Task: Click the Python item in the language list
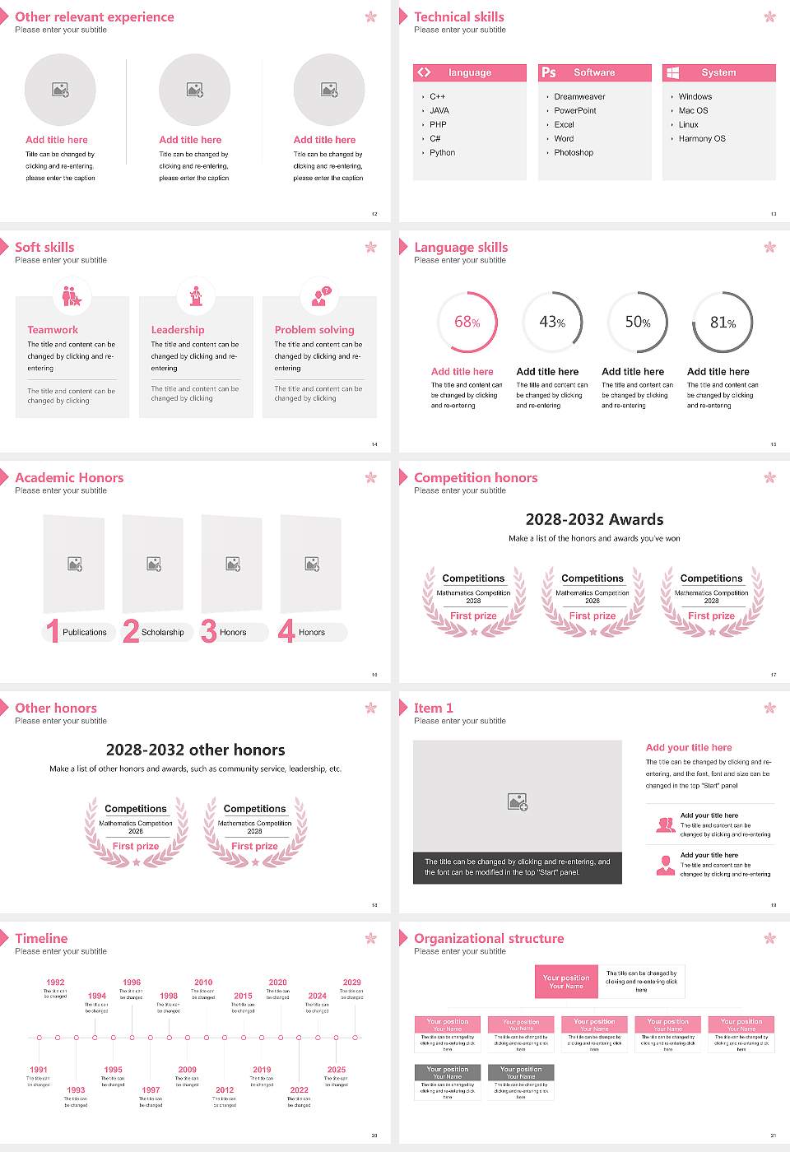click(442, 152)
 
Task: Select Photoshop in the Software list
click(574, 152)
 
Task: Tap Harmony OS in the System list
click(702, 138)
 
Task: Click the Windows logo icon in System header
click(673, 72)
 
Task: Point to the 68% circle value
click(467, 322)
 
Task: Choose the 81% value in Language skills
click(723, 323)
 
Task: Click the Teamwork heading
click(53, 329)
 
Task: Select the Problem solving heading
click(314, 329)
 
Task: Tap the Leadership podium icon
click(196, 295)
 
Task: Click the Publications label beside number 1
click(85, 632)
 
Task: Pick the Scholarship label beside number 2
click(162, 632)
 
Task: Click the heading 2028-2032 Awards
click(594, 519)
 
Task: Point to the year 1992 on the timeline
click(55, 982)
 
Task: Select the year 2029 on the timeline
click(352, 982)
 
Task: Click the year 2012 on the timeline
click(225, 1089)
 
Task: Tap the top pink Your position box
click(566, 982)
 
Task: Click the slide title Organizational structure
click(489, 938)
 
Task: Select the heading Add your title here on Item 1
click(689, 747)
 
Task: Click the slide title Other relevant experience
click(95, 16)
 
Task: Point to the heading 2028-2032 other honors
click(196, 750)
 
